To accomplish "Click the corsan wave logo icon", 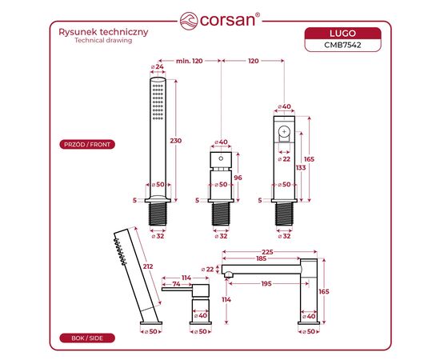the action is pyautogui.click(x=189, y=21).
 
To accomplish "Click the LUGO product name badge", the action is pyautogui.click(x=342, y=34).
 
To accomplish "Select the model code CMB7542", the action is pyautogui.click(x=342, y=45).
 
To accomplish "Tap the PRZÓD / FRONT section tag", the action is pyautogui.click(x=87, y=145).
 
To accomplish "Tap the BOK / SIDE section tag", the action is pyautogui.click(x=87, y=338).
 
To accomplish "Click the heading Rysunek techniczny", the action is pyautogui.click(x=103, y=32).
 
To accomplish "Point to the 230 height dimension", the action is pyautogui.click(x=176, y=141).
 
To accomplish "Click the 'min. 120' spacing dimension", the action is pyautogui.click(x=189, y=61).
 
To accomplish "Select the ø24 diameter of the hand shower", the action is pyautogui.click(x=158, y=67).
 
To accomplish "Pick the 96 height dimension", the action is pyautogui.click(x=238, y=178).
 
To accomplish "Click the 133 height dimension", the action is pyautogui.click(x=301, y=167).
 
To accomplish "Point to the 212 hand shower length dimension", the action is pyautogui.click(x=148, y=266).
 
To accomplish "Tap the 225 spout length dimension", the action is pyautogui.click(x=267, y=252).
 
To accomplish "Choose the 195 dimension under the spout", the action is pyautogui.click(x=266, y=284).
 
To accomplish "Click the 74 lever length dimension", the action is pyautogui.click(x=176, y=284).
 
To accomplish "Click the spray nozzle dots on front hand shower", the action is pyautogui.click(x=158, y=102).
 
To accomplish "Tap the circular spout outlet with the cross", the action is pyautogui.click(x=285, y=131).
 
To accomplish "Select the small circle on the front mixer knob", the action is pyautogui.click(x=221, y=158).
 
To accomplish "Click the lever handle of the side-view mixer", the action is pyautogui.click(x=177, y=290).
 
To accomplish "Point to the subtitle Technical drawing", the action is pyautogui.click(x=103, y=41).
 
